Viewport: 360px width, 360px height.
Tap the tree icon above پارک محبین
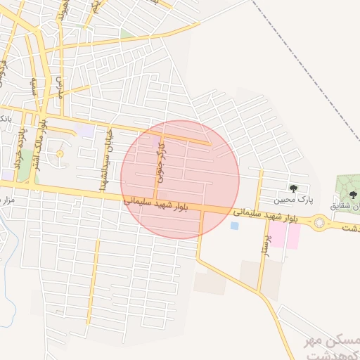coord(293,188)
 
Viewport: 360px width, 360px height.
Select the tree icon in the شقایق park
coord(352,195)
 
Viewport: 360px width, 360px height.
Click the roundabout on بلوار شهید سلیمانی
coord(321,223)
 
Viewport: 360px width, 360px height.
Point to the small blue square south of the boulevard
coord(234,226)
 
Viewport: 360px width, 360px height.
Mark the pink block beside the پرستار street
coord(283,235)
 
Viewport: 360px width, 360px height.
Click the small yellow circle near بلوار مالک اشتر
coord(59,154)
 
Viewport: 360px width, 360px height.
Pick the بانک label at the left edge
coord(5,117)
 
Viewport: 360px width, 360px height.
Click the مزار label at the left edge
coord(6,200)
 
